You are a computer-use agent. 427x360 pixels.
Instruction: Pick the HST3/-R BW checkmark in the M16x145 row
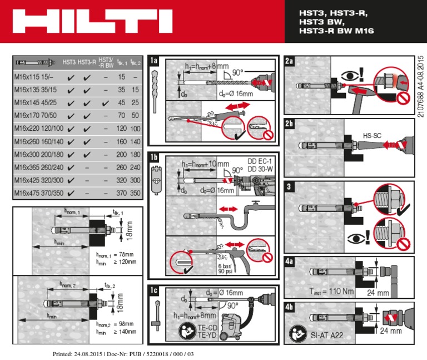tap(106, 103)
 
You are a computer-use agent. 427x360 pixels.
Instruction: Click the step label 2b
tap(289, 125)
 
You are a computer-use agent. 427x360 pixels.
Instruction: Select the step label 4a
tap(289, 262)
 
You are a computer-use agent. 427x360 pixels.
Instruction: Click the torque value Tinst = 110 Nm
tap(332, 291)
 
